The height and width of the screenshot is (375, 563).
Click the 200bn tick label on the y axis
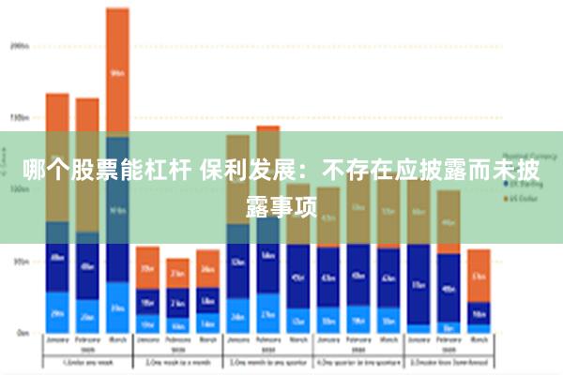20,45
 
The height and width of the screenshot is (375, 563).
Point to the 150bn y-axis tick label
20,118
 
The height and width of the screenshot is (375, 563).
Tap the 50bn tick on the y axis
21,262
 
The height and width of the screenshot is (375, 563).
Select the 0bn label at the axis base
22,332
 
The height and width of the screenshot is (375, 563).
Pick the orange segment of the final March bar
479,275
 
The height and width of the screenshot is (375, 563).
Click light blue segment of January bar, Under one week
57,313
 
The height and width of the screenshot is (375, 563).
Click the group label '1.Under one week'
86,361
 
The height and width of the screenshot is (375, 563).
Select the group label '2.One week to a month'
176,361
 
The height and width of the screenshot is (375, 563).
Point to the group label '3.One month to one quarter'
267,361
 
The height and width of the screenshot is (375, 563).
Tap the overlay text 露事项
281,203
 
